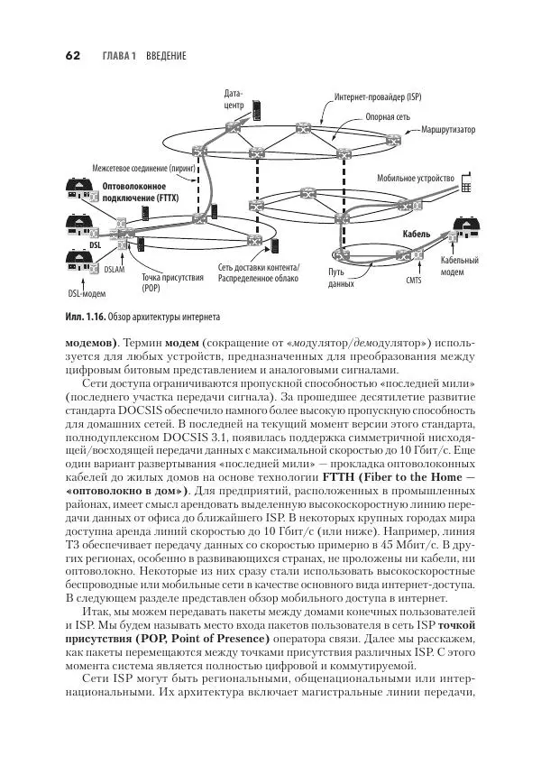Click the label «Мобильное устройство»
(415, 179)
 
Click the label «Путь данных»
(341, 277)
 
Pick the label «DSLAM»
(115, 269)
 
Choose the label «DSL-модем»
(87, 293)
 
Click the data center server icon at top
(258, 108)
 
